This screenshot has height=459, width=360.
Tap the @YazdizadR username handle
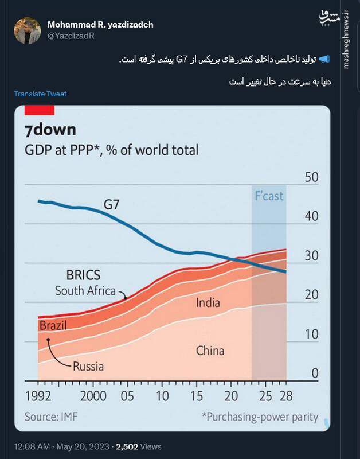(71, 36)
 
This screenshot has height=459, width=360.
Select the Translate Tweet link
(40, 94)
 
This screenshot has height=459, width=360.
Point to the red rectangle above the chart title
(40, 110)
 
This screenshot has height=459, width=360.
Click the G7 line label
(112, 204)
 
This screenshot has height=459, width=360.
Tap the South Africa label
(85, 290)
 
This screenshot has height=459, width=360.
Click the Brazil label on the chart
(53, 326)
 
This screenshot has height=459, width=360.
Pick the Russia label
(88, 365)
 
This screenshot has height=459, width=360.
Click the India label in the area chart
(208, 303)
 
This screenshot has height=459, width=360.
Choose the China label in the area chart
(210, 351)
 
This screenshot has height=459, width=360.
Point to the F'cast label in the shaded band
(269, 196)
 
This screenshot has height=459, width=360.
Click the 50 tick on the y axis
(311, 177)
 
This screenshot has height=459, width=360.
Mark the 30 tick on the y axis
(311, 256)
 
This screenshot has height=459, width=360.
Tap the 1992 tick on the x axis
(39, 396)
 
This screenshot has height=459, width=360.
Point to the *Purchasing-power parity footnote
(259, 417)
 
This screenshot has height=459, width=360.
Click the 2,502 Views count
(138, 446)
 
